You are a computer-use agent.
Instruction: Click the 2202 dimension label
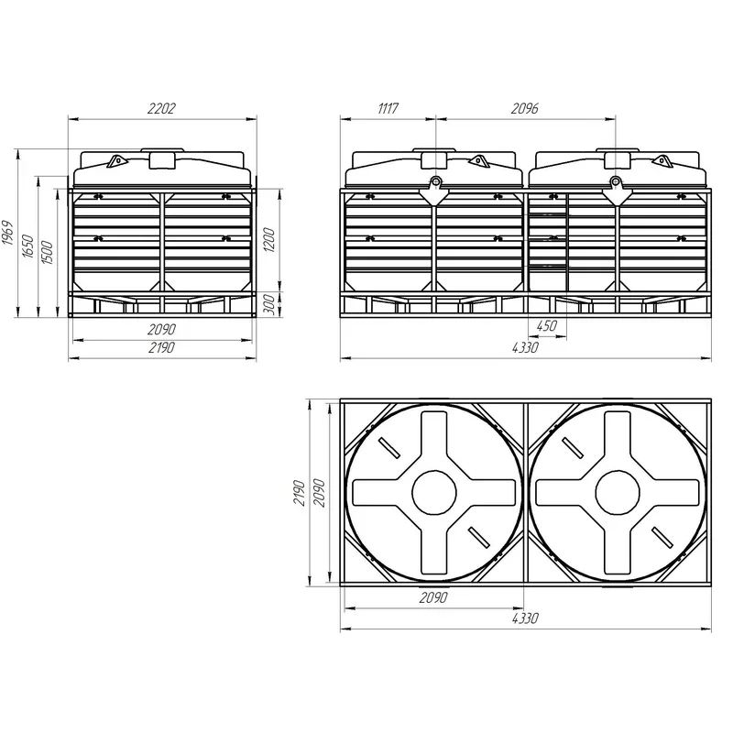tap(161, 108)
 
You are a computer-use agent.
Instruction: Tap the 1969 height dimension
tap(8, 233)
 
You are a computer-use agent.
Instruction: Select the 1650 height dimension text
tap(28, 246)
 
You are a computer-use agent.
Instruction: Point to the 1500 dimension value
tap(48, 253)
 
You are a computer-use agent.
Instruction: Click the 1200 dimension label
tap(269, 239)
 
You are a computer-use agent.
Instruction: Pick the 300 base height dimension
tap(269, 305)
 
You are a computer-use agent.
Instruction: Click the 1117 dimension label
tap(388, 108)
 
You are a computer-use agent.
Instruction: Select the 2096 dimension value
tap(524, 108)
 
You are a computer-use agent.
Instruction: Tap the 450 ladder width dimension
tap(546, 325)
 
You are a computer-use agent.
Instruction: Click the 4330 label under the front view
tap(525, 347)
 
